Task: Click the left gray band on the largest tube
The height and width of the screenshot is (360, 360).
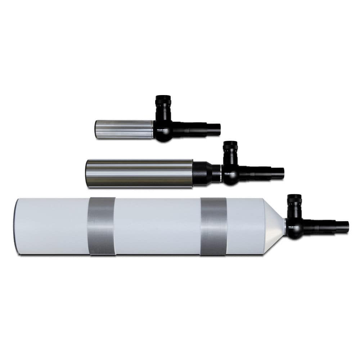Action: point(102,226)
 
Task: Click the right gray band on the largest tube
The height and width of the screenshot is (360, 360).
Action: point(214,226)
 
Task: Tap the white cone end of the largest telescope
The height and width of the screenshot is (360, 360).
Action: point(274,226)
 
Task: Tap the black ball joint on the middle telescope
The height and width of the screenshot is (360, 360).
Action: point(230,177)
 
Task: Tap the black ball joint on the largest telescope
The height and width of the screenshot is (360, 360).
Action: point(294,230)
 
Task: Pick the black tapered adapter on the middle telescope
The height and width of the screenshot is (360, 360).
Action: point(204,174)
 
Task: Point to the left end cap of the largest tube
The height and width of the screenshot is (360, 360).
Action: point(16,226)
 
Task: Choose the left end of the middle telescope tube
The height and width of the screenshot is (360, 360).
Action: point(87,174)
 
